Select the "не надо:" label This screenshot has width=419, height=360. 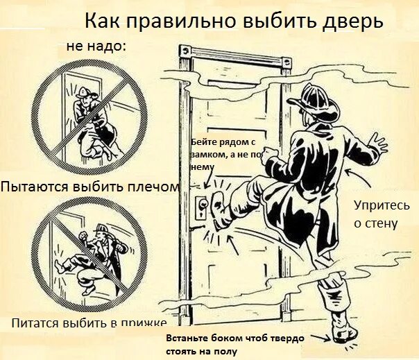[x=96, y=46]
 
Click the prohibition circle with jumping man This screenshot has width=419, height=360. [x=83, y=255]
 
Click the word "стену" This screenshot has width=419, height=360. [x=381, y=223]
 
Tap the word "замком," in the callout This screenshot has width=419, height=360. [x=206, y=155]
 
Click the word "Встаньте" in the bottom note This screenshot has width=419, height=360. [x=186, y=338]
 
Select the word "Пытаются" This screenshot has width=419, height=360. [x=34, y=187]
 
